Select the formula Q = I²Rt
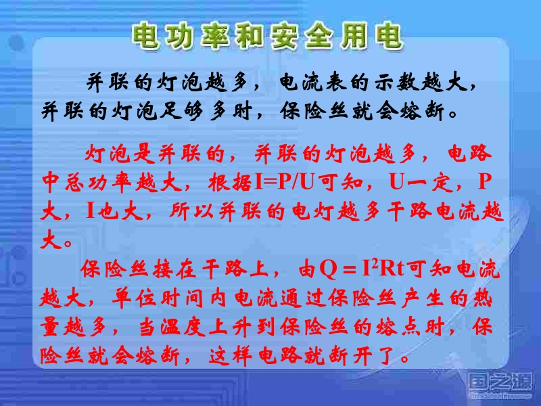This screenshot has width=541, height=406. (362, 268)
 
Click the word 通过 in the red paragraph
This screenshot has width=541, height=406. (303, 297)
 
